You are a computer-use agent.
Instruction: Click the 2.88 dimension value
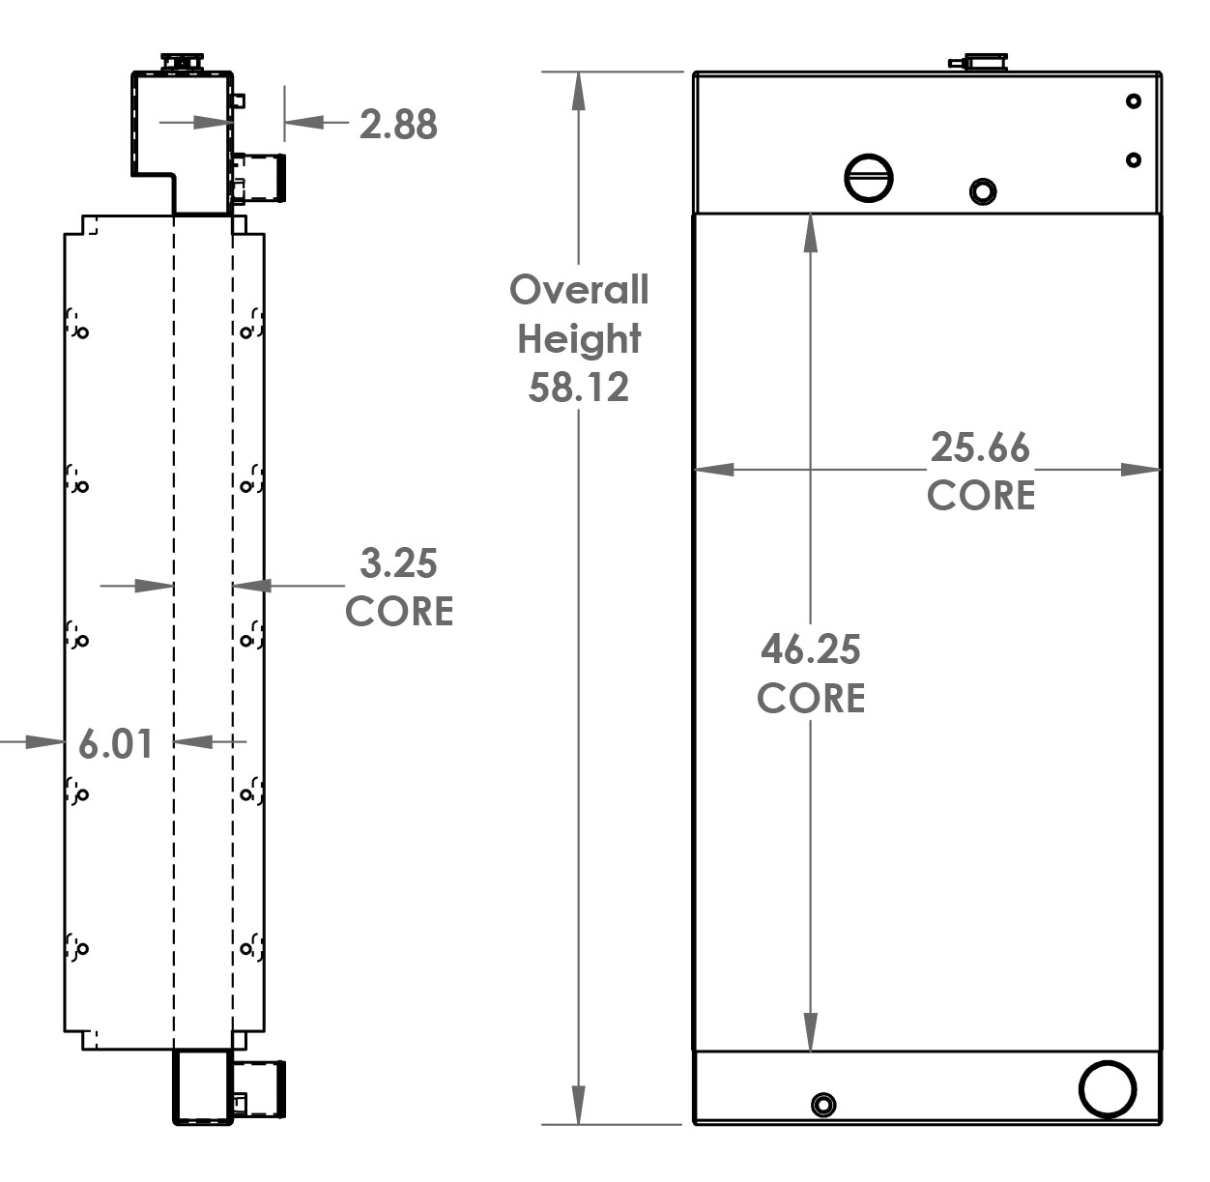tap(398, 125)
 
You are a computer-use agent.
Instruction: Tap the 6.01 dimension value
tap(115, 743)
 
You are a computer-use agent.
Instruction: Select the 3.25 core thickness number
tap(398, 562)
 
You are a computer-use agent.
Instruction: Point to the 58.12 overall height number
tap(578, 388)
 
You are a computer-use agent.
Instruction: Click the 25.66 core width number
tap(980, 447)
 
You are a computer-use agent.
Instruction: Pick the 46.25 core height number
tap(810, 649)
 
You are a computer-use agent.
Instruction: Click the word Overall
tap(579, 290)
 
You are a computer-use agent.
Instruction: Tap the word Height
tap(579, 339)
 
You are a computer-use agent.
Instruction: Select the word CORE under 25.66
tap(980, 495)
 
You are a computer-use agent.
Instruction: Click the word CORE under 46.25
tap(810, 698)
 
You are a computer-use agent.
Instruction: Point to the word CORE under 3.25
tap(398, 611)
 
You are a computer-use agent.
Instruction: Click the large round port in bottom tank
tap(1107, 1089)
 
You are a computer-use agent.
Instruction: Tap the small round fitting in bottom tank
tap(823, 1104)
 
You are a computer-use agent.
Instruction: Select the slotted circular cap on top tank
tap(868, 177)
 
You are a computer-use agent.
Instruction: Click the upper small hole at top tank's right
tap(1134, 101)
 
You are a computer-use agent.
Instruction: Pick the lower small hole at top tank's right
tap(1134, 159)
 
